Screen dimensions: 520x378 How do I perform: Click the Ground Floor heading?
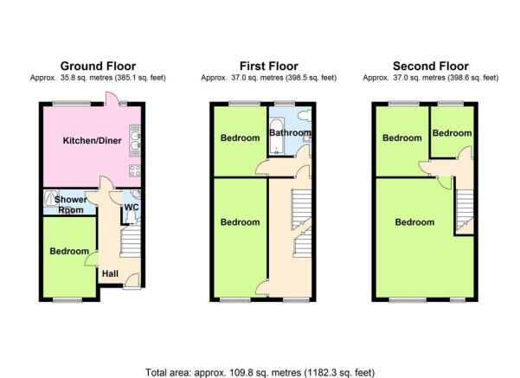pyautogui.click(x=98, y=67)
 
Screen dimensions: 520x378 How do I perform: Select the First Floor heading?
pyautogui.click(x=268, y=67)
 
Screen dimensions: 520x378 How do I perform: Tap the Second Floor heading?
pyautogui.click(x=431, y=67)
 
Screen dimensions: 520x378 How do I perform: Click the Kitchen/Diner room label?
pyautogui.click(x=93, y=141)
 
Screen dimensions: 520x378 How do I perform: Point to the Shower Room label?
pyautogui.click(x=71, y=205)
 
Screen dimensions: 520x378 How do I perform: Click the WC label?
pyautogui.click(x=132, y=208)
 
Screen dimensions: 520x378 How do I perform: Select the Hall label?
pyautogui.click(x=110, y=273)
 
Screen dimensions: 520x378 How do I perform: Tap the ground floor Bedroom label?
pyautogui.click(x=69, y=251)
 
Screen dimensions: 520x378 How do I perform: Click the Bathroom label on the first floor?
pyautogui.click(x=290, y=132)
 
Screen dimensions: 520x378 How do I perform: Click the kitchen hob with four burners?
pyautogui.click(x=135, y=170)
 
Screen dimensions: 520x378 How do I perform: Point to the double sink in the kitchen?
pyautogui.click(x=135, y=141)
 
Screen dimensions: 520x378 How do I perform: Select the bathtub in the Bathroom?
pyautogui.click(x=276, y=137)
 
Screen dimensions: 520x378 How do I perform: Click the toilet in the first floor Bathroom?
pyautogui.click(x=305, y=115)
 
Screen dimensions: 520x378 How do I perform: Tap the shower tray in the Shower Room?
pyautogui.click(x=51, y=198)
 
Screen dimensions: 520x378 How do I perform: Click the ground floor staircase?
pyautogui.click(x=131, y=241)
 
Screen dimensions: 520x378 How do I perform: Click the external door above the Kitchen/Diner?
pyautogui.click(x=110, y=99)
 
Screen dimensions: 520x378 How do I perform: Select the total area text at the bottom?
pyautogui.click(x=260, y=372)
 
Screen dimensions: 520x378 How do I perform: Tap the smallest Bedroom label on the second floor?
pyautogui.click(x=452, y=133)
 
